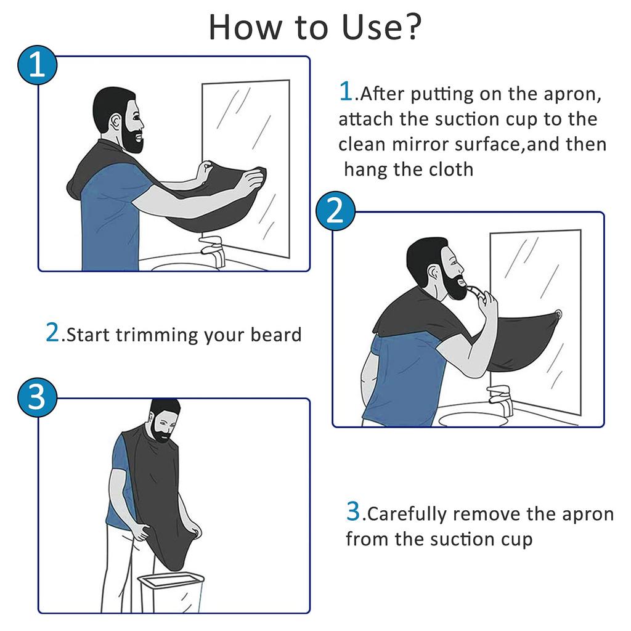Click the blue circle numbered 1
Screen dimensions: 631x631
tap(37, 65)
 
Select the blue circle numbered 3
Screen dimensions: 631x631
tap(37, 397)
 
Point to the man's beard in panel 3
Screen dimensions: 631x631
tap(162, 435)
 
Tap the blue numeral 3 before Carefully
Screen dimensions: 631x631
tap(353, 511)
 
